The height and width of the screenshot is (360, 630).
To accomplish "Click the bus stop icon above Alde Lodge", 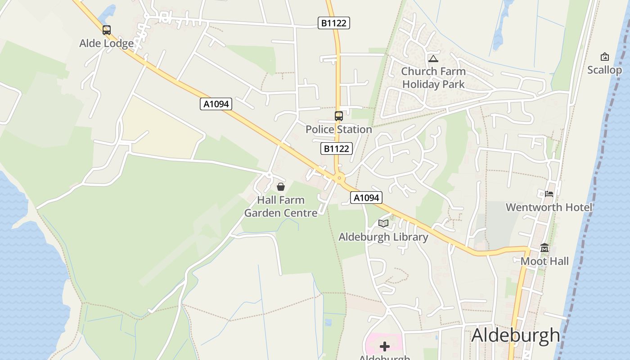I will tap(106, 30).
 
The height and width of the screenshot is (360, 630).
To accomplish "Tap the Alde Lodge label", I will tap(107, 43).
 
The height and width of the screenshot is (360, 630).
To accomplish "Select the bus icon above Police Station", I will tap(339, 116).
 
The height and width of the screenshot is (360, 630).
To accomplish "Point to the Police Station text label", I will tap(339, 130).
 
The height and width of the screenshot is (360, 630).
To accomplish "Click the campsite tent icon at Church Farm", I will tap(433, 58).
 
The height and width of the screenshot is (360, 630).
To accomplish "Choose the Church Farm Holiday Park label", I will tap(433, 77).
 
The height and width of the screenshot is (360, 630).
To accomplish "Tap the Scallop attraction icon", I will tap(605, 57).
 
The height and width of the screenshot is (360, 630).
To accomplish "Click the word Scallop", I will tap(605, 70).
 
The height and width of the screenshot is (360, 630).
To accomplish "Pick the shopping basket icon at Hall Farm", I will tap(281, 186).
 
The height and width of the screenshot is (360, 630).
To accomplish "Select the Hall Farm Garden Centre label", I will tap(281, 206).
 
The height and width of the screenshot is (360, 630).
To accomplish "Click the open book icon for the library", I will tap(383, 223).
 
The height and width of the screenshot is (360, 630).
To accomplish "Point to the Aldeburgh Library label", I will tap(383, 237).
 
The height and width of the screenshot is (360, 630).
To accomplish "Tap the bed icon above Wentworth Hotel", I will tap(549, 194).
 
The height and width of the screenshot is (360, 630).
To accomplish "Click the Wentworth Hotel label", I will tap(549, 207).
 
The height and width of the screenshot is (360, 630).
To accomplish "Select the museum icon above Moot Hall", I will tap(544, 248).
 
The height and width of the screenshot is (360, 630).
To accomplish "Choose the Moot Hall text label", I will tap(544, 261).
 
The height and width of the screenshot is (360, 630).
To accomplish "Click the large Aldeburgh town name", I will tap(516, 336).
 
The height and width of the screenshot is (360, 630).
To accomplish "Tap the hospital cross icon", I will tap(385, 346).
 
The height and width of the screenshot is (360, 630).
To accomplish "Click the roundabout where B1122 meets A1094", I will tap(339, 178).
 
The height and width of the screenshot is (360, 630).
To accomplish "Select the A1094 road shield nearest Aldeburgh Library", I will tap(366, 198).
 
